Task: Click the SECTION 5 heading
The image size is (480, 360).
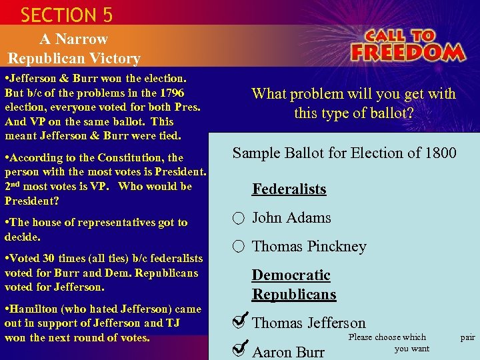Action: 67,14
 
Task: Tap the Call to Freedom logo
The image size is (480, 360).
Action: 407,45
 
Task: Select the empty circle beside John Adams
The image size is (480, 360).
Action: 239,218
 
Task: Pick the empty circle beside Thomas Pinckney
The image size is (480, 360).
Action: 239,247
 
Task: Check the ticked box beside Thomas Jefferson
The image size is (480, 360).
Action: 239,322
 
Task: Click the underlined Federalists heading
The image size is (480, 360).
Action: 289,189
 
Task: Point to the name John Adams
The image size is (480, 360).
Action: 291,217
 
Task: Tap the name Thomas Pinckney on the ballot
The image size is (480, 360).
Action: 309,246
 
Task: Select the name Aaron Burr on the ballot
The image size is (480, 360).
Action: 288,352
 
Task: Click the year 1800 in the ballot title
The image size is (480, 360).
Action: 439,153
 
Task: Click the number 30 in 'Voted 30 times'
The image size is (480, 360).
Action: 48,258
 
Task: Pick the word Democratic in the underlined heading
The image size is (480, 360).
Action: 291,275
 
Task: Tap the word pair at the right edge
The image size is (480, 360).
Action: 467,337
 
